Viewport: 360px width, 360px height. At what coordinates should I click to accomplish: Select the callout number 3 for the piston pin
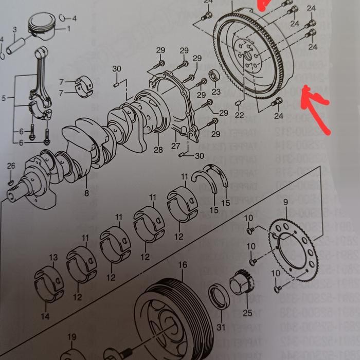click(x=15, y=30)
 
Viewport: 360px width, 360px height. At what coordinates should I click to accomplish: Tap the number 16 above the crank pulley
click(x=182, y=265)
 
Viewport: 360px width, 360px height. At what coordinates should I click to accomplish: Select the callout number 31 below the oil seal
click(x=221, y=327)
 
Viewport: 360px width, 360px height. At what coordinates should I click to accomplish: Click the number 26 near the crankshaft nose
click(x=11, y=166)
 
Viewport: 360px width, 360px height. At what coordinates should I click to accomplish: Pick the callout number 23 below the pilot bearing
click(x=216, y=92)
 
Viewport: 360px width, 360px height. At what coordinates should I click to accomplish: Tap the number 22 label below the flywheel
click(x=239, y=115)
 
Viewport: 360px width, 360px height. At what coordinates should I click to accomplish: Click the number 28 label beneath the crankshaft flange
click(x=158, y=149)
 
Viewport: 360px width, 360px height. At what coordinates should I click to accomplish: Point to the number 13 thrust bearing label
click(x=53, y=257)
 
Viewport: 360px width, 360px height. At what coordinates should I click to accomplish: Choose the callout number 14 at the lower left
click(x=45, y=316)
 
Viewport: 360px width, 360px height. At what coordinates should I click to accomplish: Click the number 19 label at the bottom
click(x=71, y=337)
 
